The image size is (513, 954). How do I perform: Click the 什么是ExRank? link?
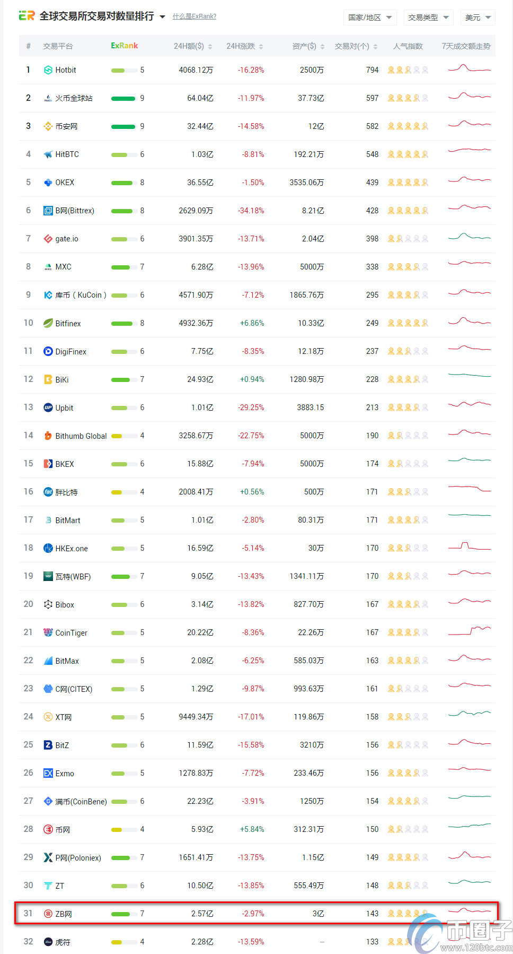pyautogui.click(x=194, y=16)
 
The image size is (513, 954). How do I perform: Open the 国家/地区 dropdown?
pyautogui.click(x=369, y=18)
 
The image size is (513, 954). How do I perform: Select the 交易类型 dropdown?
pyautogui.click(x=428, y=18)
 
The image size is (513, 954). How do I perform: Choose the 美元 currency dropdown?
pyautogui.click(x=477, y=18)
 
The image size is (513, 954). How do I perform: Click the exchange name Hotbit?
pyautogui.click(x=66, y=70)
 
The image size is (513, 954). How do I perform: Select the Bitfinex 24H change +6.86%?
pyautogui.click(x=252, y=323)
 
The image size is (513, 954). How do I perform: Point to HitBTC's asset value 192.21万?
pyautogui.click(x=308, y=154)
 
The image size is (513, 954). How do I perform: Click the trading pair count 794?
pyautogui.click(x=372, y=70)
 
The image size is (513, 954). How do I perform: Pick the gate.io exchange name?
pyautogui.click(x=67, y=239)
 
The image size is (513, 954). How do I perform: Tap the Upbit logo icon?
pyautogui.click(x=48, y=407)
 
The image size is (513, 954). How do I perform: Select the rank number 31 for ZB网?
pyautogui.click(x=28, y=913)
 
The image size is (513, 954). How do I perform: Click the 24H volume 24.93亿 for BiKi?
pyautogui.click(x=200, y=379)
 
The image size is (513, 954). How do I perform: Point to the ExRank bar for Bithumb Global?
pyautogui.click(x=117, y=436)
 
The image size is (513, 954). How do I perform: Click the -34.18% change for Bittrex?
pyautogui.click(x=251, y=211)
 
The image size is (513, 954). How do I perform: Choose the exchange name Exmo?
pyautogui.click(x=65, y=774)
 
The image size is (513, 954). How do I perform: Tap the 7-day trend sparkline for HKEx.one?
pyautogui.click(x=470, y=547)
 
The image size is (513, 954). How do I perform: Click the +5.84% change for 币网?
pyautogui.click(x=252, y=829)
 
